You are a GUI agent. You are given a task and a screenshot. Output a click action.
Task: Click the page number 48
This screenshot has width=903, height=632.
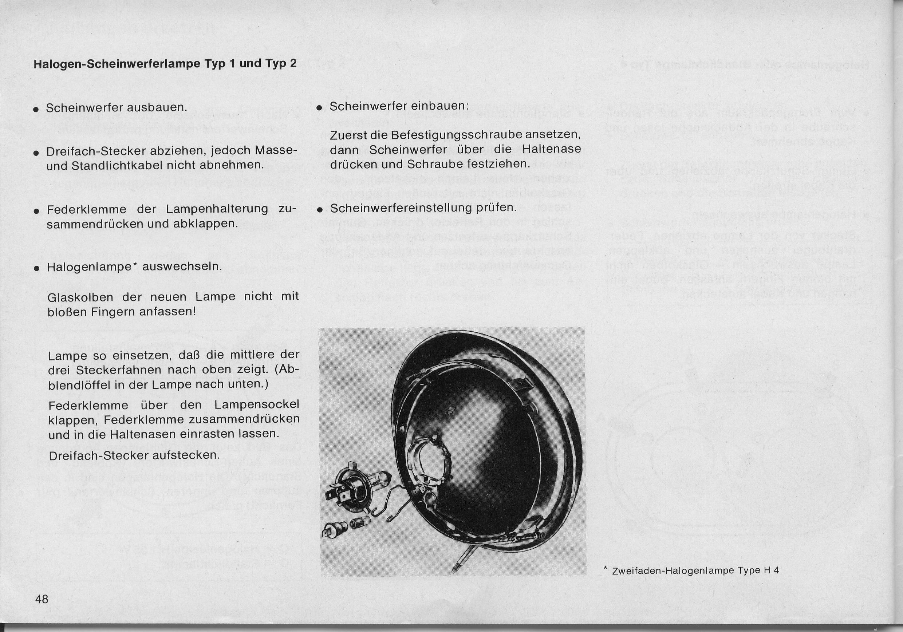point(42,599)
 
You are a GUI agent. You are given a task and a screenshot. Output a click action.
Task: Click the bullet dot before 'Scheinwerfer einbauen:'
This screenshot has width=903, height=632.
point(320,108)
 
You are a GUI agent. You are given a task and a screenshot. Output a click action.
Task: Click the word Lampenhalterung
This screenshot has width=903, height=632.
point(217,209)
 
